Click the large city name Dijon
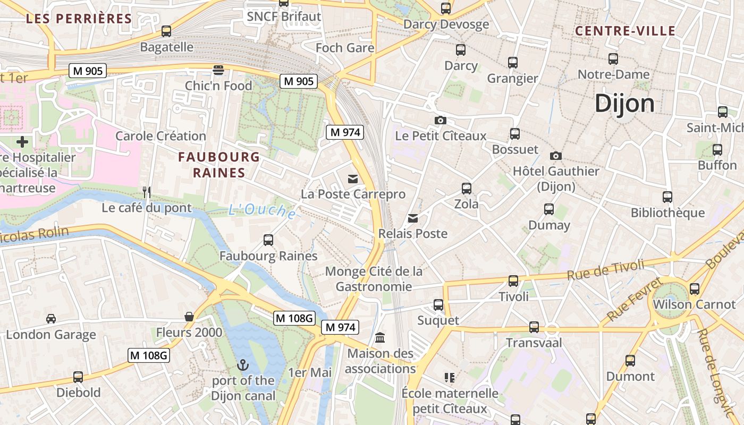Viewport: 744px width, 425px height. pyautogui.click(x=624, y=103)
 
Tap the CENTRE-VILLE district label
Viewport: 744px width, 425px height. pyautogui.click(x=625, y=31)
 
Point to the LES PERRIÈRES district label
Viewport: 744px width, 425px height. pyautogui.click(x=79, y=19)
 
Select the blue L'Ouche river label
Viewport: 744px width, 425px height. pyautogui.click(x=262, y=211)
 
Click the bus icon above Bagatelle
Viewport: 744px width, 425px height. pyautogui.click(x=166, y=31)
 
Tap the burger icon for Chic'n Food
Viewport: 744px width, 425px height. pyautogui.click(x=218, y=70)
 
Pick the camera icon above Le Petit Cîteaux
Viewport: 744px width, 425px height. pyautogui.click(x=440, y=120)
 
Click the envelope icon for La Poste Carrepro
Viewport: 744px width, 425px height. pyautogui.click(x=353, y=178)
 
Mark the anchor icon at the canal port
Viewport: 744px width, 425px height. pyautogui.click(x=243, y=365)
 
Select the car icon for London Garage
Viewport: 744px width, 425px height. pyautogui.click(x=51, y=319)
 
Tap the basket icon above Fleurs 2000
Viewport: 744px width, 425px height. pyautogui.click(x=189, y=317)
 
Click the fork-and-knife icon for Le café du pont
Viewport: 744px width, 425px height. pyautogui.click(x=147, y=192)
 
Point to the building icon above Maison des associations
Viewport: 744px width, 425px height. pyautogui.click(x=380, y=337)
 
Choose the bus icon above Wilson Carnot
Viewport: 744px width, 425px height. pyautogui.click(x=694, y=289)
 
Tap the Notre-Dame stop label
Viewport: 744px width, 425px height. pyautogui.click(x=613, y=74)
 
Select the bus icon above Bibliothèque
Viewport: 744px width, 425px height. pyautogui.click(x=667, y=197)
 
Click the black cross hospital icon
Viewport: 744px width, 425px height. pyautogui.click(x=22, y=142)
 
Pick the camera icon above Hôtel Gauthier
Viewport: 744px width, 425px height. pyautogui.click(x=556, y=156)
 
